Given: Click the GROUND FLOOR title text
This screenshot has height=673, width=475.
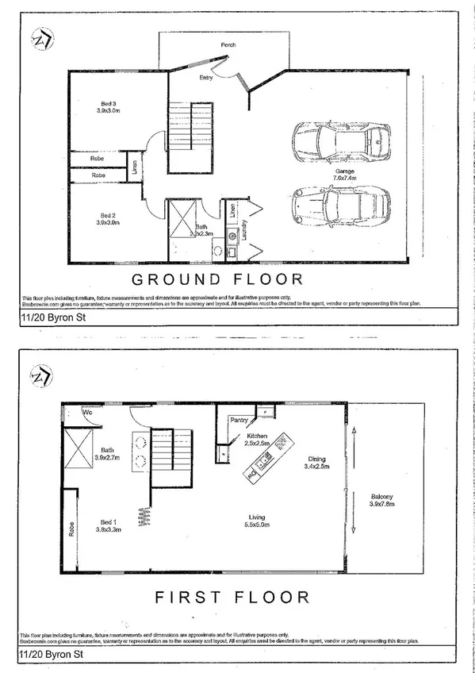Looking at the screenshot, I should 216,279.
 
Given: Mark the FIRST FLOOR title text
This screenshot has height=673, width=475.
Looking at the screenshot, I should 232,596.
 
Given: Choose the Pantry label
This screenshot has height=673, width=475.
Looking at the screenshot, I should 239,420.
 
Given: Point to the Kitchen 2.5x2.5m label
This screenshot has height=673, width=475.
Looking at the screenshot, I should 259,440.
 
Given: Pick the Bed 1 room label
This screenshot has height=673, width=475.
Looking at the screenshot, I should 108,525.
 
